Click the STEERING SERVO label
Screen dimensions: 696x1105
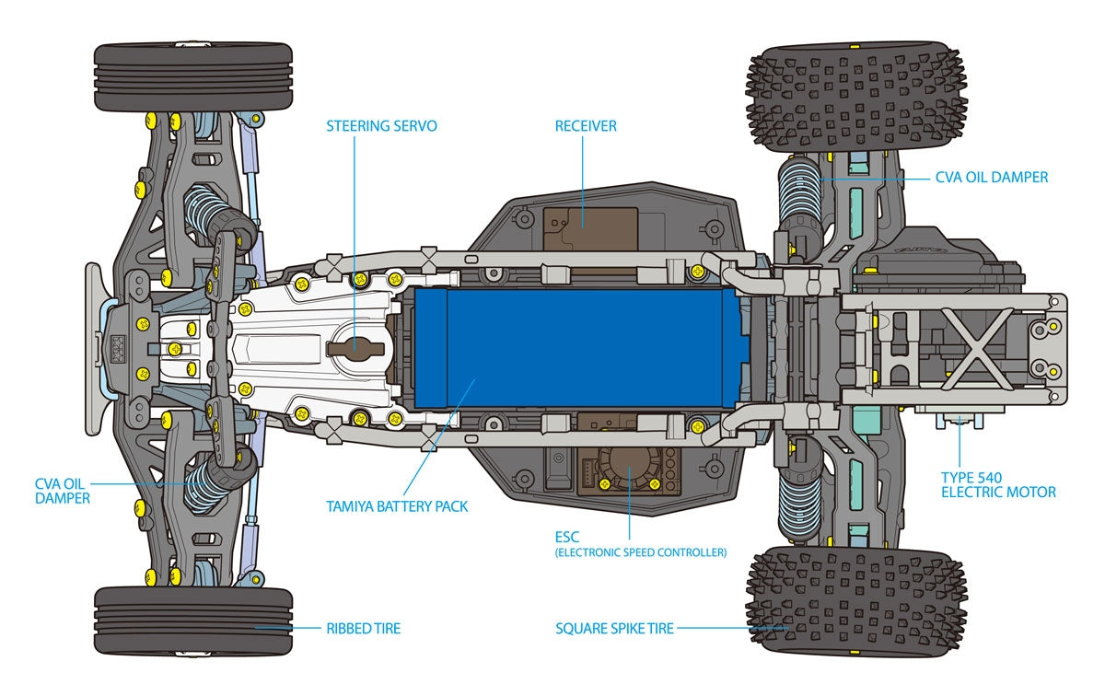pyautogui.click(x=381, y=125)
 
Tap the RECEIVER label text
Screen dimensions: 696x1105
pyautogui.click(x=586, y=125)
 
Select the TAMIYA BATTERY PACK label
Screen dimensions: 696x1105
pyautogui.click(x=397, y=506)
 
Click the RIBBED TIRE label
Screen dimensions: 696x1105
pyautogui.click(x=363, y=629)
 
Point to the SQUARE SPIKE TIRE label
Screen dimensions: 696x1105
pyautogui.click(x=614, y=629)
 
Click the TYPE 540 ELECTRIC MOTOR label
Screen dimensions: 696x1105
pyautogui.click(x=997, y=485)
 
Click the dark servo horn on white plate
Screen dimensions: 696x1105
pyautogui.click(x=355, y=348)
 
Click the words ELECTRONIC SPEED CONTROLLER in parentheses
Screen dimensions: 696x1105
pyautogui.click(x=641, y=553)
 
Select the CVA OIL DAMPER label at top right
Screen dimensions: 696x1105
pyautogui.click(x=991, y=177)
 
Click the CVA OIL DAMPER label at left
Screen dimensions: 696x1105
pyautogui.click(x=63, y=490)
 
